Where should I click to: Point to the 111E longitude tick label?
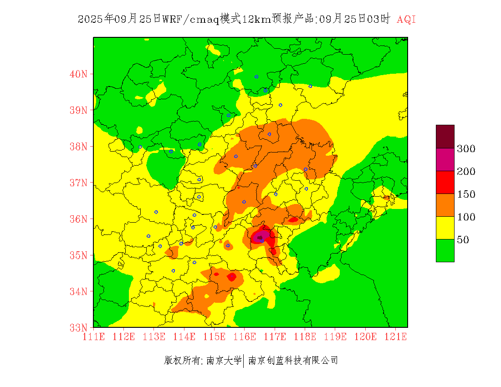pos(93,336)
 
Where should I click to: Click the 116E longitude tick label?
pos(245,336)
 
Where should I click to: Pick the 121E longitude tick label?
pos(395,336)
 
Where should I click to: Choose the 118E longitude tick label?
pos(305,336)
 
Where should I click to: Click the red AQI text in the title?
pos(406,20)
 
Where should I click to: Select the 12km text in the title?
pos(252,20)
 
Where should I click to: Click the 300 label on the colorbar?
pos(466,149)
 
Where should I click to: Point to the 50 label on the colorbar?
pos(463,240)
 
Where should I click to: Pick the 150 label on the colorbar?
pos(466,194)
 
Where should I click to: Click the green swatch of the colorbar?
pos(445,250)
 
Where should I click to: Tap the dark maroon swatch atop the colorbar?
pos(445,137)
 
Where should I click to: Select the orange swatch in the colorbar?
pos(445,205)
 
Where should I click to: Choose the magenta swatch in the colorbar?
pos(445,159)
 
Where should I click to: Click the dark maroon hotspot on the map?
pos(260,237)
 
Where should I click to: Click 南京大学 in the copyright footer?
pos(224,361)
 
